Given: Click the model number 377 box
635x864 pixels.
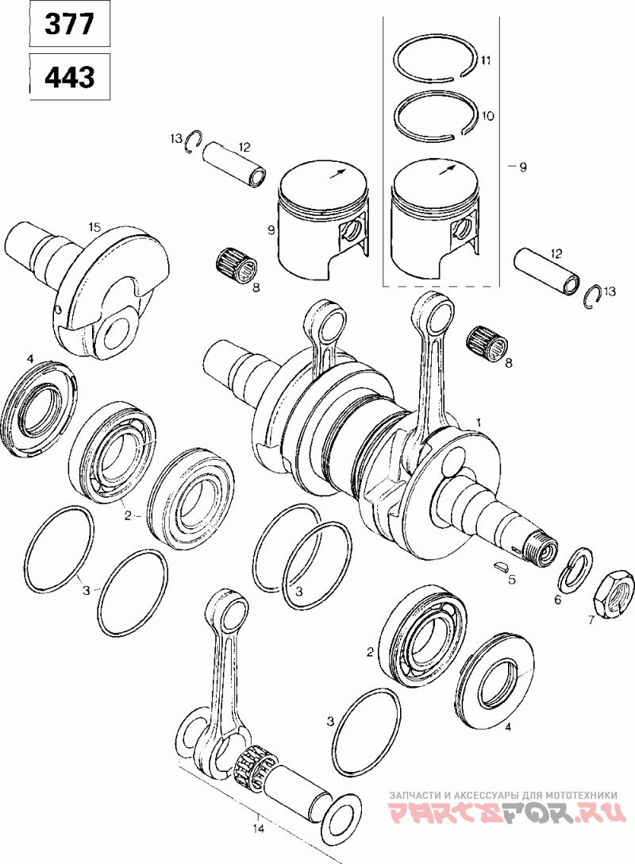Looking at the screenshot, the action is [x=70, y=24].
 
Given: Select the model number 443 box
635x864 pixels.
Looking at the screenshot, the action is [x=70, y=76].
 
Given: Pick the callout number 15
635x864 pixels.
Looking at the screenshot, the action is [x=94, y=226].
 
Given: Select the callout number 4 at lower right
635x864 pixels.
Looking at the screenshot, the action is [x=508, y=727].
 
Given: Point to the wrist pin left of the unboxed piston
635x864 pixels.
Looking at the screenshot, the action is [x=235, y=163].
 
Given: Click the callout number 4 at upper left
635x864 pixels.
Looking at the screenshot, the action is [x=30, y=360].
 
